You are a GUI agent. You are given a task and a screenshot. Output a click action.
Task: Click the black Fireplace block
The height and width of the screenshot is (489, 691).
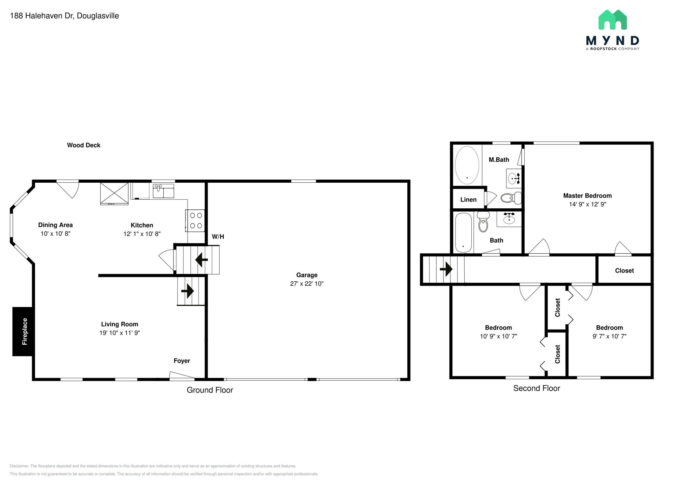click(x=23, y=331)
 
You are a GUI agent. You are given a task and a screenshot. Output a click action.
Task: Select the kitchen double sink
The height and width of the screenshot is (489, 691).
click(x=163, y=191)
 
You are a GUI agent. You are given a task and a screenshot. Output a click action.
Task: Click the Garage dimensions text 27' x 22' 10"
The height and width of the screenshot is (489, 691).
click(x=307, y=284)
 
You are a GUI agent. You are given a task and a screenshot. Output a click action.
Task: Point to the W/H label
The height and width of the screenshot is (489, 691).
click(x=218, y=237)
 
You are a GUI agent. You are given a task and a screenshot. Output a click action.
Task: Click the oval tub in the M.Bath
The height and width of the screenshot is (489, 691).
click(x=467, y=165)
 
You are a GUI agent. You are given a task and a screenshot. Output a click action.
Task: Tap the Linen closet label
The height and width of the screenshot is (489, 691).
click(x=468, y=200)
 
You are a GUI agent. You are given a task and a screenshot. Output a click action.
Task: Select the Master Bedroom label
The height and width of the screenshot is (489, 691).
click(x=587, y=196)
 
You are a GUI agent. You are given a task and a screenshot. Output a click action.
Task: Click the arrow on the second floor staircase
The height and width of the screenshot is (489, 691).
click(x=446, y=269)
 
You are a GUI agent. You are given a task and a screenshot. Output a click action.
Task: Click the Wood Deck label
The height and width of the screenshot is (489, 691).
click(x=84, y=145)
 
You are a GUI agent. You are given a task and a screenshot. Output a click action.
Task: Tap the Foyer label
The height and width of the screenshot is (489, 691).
click(x=182, y=361)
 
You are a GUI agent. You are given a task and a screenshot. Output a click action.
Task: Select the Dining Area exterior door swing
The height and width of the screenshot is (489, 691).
click(x=68, y=189)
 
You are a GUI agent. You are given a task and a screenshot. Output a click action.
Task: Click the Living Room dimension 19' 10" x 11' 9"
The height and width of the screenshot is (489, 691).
click(x=119, y=333)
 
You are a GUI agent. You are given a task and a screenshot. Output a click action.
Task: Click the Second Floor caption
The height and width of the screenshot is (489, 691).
click(x=536, y=388)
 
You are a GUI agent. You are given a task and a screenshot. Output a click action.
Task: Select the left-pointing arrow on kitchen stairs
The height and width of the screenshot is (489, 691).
click(x=201, y=260)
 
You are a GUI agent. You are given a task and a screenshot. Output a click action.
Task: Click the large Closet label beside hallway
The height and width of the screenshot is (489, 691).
click(x=624, y=271)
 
